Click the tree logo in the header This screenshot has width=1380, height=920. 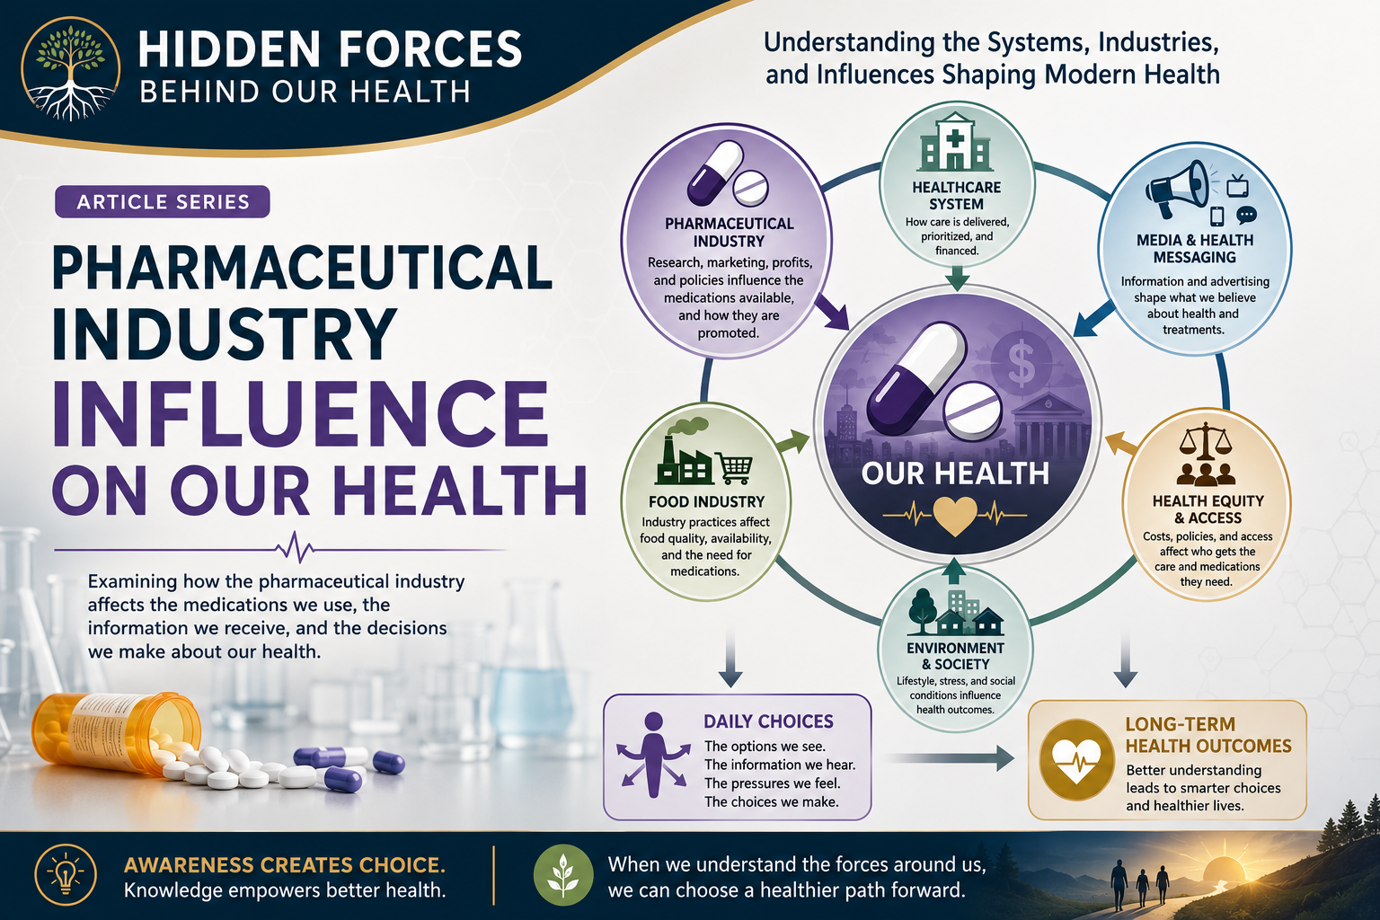click(70, 68)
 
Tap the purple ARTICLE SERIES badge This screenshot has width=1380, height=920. click(162, 201)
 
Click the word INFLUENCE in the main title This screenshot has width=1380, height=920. click(301, 414)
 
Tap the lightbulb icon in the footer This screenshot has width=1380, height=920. click(66, 875)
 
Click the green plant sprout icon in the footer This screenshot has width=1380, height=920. click(563, 875)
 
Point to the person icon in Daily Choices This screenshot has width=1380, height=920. click(653, 755)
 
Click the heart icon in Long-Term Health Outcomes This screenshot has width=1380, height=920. click(1076, 760)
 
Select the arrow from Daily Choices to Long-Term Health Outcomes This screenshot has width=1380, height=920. click(950, 758)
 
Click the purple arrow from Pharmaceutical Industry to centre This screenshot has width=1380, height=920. click(832, 312)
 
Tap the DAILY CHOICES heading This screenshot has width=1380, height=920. click(768, 721)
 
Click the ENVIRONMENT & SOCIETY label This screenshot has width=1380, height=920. click(956, 656)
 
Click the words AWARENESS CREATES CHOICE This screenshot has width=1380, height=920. click(284, 865)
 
